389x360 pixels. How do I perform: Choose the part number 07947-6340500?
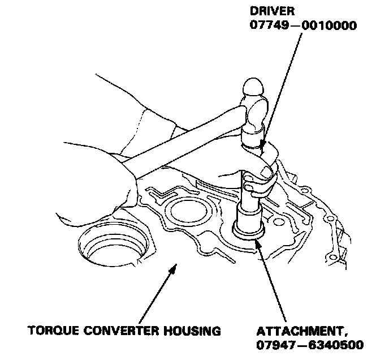click(310, 345)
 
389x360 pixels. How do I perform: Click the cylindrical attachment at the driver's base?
click(249, 221)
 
